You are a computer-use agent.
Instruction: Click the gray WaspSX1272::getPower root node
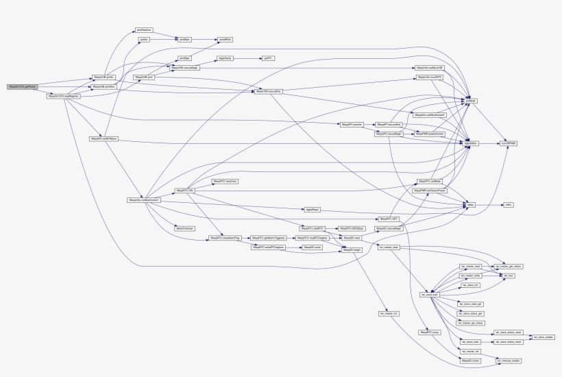tap(21, 87)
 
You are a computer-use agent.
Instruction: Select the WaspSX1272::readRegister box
tap(61, 96)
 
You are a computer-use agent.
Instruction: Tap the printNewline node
tap(144, 30)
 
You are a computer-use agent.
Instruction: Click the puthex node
tap(144, 40)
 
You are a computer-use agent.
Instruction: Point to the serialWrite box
tap(225, 40)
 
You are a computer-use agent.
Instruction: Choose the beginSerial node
tap(225, 59)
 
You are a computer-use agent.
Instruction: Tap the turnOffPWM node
tap(507, 143)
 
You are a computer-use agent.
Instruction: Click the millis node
tap(508, 204)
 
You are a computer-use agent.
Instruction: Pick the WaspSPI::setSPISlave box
tap(103, 138)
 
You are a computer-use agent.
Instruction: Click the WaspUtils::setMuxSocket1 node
tap(143, 199)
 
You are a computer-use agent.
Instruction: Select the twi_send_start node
tap(429, 294)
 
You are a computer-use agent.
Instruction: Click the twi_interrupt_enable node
tap(509, 359)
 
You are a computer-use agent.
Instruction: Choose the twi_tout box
tap(509, 275)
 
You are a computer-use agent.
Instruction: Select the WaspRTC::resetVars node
tap(224, 181)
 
